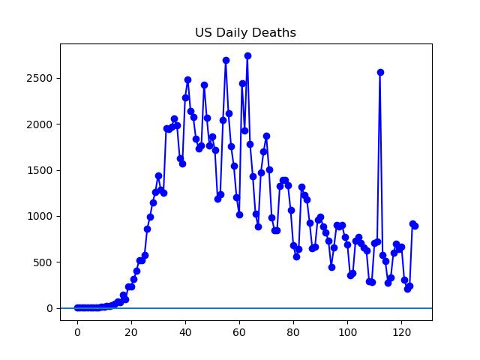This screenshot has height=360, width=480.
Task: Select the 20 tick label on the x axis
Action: coord(131,332)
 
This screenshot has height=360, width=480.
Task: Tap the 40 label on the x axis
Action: coord(185,332)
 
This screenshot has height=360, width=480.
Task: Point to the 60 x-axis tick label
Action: coord(239,332)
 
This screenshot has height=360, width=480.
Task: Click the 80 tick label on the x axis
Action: coord(293,332)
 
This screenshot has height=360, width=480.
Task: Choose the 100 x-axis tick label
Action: coord(347,332)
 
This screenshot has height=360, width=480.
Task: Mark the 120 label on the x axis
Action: coord(401,332)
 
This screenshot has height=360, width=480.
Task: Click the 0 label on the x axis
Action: coord(77,332)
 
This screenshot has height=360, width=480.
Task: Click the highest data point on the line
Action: coord(247,55)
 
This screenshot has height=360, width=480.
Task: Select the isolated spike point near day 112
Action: coord(380,72)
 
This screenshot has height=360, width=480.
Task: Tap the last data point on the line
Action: coord(415,226)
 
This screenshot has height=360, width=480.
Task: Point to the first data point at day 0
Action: coord(77,307)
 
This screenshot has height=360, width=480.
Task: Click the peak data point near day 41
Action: coord(187,79)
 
